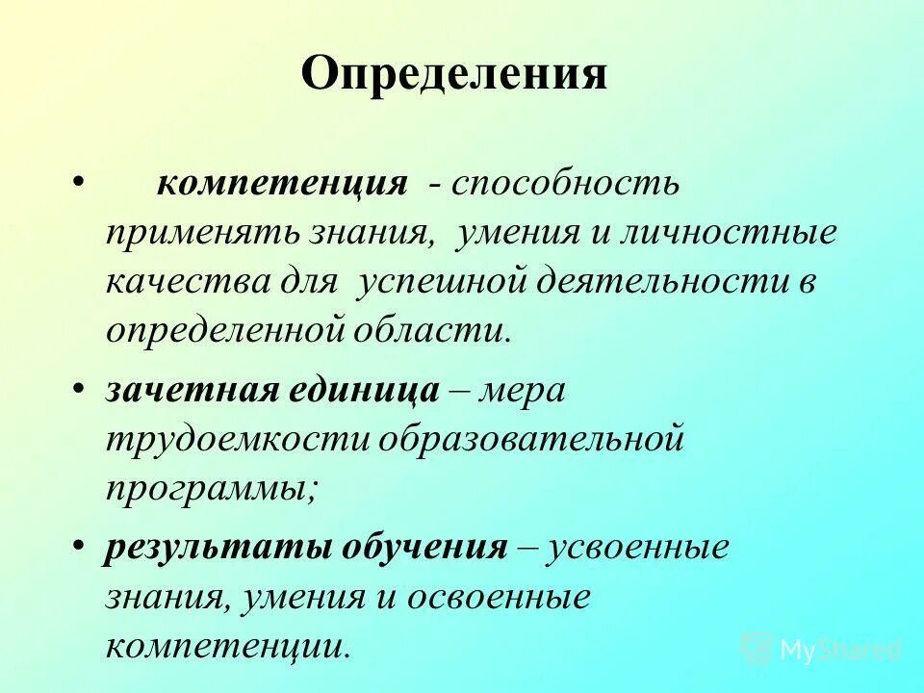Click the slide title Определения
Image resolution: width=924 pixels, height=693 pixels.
(x=454, y=74)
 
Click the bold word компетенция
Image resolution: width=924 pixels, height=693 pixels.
(x=295, y=183)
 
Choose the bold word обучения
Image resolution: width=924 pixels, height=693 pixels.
(x=438, y=549)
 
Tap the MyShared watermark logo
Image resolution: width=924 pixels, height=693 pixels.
(x=822, y=649)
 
